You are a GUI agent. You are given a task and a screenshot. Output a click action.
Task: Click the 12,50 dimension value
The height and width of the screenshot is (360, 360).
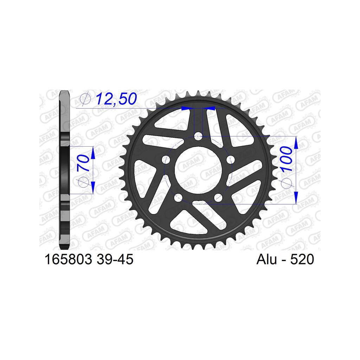(x=116, y=99)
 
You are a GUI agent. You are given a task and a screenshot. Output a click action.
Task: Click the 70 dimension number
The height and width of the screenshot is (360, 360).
(x=83, y=163)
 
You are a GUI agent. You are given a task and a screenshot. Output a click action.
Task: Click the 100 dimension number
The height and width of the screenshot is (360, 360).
(x=286, y=159)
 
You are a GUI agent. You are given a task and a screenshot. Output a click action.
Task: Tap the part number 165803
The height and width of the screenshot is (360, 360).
(x=68, y=259)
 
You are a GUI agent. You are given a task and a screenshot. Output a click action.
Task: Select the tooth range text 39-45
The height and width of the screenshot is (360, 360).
(x=115, y=259)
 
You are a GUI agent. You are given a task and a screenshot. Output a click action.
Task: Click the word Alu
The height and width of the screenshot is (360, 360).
(x=266, y=259)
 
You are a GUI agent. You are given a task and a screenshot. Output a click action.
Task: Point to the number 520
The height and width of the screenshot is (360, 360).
(x=302, y=259)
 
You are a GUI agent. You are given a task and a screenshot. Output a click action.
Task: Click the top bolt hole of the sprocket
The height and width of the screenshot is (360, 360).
(x=198, y=136)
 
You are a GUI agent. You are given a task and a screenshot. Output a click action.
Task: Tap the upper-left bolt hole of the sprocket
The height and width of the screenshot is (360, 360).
(x=166, y=160)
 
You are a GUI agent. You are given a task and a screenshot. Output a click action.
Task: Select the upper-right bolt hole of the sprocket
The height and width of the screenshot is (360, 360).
(x=231, y=159)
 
